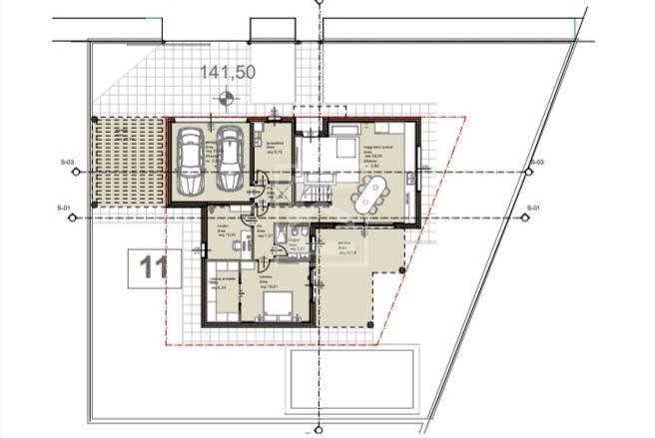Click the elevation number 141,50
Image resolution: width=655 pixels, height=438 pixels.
pos(229,72)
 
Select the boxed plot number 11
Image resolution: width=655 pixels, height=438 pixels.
pos(154,267)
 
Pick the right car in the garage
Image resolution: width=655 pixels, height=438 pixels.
pos(230,163)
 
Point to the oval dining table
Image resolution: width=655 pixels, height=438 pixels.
pos(372,195)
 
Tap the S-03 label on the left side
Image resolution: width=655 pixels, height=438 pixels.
pos(66,162)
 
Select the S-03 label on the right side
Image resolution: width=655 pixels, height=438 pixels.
pos(536,162)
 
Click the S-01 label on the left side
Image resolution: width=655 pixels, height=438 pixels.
pos(66,208)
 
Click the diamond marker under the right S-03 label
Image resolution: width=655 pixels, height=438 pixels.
pos(528,172)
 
